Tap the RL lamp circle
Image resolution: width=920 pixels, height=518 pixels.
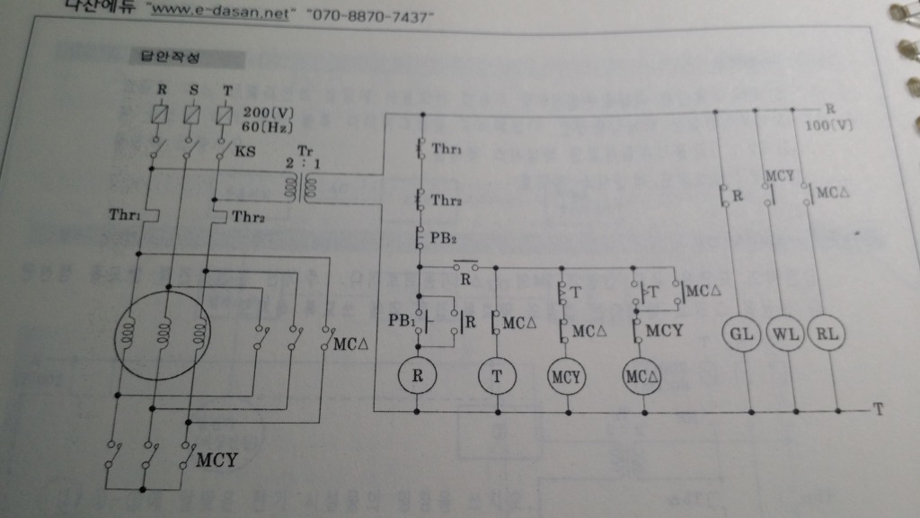coord(823,334)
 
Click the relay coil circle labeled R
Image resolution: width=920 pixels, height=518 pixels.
coord(417,375)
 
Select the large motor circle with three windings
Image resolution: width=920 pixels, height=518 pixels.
coord(162,334)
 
